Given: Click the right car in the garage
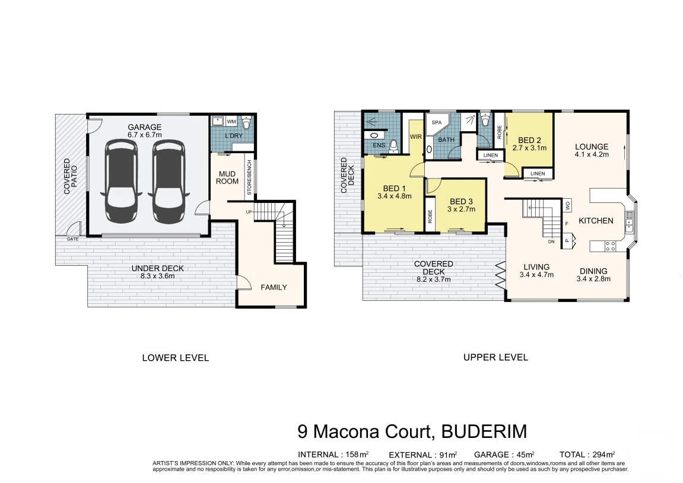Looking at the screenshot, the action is (169, 181).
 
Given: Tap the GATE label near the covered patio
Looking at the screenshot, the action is (73, 239).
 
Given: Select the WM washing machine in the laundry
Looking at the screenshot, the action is (231, 122).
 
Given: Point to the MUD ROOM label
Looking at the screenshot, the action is (227, 177).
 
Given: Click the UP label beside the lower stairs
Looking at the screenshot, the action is (249, 212).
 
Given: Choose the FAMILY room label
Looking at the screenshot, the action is (274, 287).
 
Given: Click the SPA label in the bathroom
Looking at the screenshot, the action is (437, 123).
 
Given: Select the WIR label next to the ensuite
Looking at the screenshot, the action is (416, 136).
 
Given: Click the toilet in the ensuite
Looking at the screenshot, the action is (394, 147).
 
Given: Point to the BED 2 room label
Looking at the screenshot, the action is (530, 140).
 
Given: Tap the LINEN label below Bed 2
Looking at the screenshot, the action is (538, 173).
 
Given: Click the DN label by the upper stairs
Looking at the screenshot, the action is (551, 241).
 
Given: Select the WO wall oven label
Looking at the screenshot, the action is (567, 205).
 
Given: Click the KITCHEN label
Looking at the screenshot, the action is (596, 221).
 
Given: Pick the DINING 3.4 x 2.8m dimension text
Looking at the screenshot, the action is (593, 279).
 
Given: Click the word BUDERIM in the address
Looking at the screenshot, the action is (484, 431).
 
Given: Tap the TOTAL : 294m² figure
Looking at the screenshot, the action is (587, 455).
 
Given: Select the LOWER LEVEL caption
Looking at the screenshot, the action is (176, 358).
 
